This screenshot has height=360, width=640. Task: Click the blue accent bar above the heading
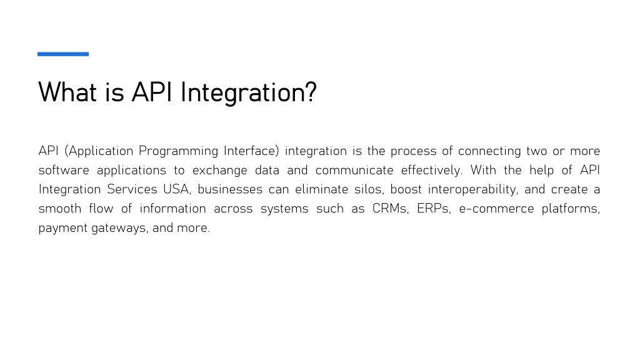coord(63,54)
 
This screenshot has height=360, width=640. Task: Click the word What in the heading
coord(67,92)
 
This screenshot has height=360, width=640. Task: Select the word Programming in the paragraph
coord(178,151)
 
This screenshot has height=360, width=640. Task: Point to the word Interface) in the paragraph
coord(251,151)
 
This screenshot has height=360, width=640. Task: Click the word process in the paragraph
coord(414,152)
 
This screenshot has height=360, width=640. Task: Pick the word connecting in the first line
coord(489,151)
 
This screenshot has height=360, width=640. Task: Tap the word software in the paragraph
coord(64,170)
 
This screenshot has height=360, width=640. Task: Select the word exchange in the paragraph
coord(220,171)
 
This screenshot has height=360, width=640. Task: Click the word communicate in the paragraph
coord(354,170)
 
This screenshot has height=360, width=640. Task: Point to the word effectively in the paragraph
coord(431,171)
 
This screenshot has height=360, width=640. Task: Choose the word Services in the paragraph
coord(132,189)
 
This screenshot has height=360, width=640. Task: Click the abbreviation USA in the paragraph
coord(176,189)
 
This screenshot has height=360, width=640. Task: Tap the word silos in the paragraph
coord(368,189)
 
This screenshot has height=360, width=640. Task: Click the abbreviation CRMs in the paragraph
coord(389,208)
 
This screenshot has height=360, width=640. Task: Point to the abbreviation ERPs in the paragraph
coord(433,208)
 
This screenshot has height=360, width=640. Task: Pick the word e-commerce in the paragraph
coord(496,209)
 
